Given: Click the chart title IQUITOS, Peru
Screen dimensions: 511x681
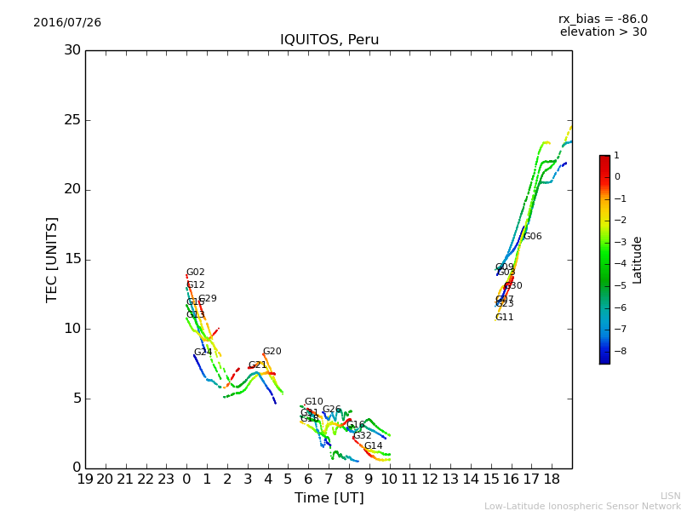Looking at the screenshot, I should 329,40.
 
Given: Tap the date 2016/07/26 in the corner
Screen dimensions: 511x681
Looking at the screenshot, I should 67,23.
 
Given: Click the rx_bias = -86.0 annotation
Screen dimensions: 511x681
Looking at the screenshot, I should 603,19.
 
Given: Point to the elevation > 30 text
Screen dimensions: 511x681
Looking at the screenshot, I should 603,32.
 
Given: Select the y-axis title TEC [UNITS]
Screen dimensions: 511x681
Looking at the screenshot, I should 52,259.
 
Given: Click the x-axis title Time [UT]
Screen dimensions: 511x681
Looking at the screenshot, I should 329,497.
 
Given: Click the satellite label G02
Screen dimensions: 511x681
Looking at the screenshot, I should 196,273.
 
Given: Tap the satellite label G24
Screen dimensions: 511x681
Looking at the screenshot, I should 203,353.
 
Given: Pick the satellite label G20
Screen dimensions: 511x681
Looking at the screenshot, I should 272,352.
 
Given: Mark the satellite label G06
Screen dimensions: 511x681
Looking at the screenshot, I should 532,237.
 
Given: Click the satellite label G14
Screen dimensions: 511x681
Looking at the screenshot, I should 373,446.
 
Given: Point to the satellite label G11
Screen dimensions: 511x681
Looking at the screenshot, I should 504,318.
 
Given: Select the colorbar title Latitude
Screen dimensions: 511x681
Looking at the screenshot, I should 638,260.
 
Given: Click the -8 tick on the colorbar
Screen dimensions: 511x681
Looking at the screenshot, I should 617,350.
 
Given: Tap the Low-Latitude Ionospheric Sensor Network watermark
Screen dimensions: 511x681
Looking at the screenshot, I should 582,506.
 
